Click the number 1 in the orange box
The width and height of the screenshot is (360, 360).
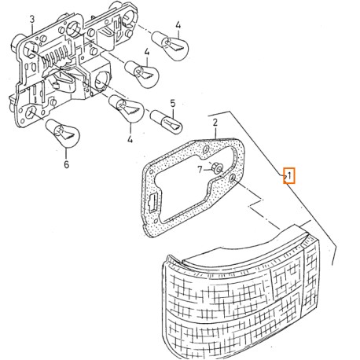tap(289, 174)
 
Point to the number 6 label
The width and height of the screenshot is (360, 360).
tap(66, 166)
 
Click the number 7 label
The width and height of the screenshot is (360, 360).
tap(201, 169)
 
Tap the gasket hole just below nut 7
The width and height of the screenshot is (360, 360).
tap(235, 182)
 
